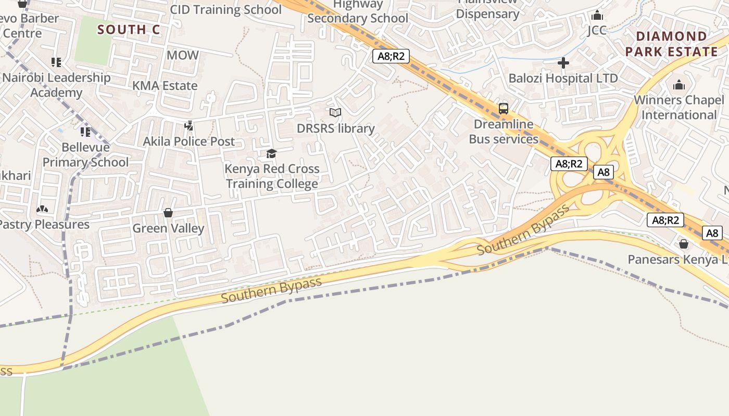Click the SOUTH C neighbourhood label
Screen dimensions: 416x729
[129, 30]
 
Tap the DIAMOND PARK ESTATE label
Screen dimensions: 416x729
[672, 44]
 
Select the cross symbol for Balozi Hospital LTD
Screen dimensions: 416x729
[563, 63]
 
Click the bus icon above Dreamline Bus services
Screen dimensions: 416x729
[503, 109]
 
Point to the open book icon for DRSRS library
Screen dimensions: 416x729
[335, 112]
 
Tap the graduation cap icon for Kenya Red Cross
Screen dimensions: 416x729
[271, 153]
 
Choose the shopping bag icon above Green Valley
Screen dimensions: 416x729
[168, 213]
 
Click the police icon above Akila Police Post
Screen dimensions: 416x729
[189, 125]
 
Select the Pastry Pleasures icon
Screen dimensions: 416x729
[42, 209]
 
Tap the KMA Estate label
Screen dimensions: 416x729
[165, 86]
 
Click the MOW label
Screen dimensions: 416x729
[183, 55]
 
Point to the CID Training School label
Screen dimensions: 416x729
[226, 9]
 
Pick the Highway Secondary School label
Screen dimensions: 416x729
[358, 11]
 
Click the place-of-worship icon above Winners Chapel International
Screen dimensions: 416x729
[679, 85]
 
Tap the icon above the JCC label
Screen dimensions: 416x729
[597, 15]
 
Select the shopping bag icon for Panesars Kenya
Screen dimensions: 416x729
[684, 244]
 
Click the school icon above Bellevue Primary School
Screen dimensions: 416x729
[85, 132]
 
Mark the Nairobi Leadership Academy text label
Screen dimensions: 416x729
[56, 85]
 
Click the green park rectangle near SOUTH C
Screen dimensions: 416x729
[93, 40]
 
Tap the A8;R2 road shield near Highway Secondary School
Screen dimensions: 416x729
[391, 56]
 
